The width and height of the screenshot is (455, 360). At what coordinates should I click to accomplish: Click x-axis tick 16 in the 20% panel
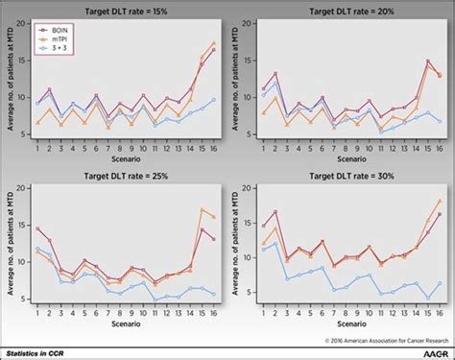pyautogui.click(x=440, y=149)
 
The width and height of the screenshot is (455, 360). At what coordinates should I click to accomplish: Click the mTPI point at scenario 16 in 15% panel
pyautogui.click(x=213, y=43)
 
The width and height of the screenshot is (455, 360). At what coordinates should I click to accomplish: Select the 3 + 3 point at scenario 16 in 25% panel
pyautogui.click(x=213, y=294)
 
